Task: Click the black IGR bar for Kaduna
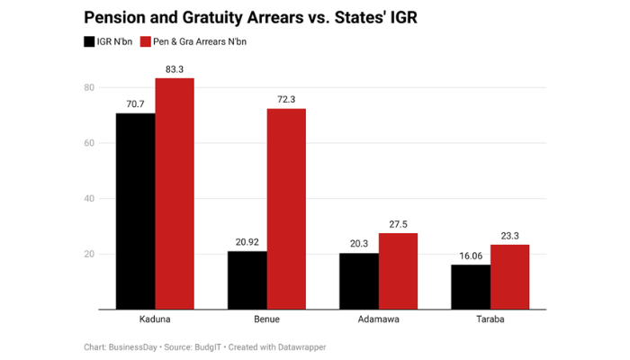[135, 211]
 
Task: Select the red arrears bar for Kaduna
[175, 193]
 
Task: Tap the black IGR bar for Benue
[247, 280]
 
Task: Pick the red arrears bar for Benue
[286, 209]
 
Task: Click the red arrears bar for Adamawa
[398, 271]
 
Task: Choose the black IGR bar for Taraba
[470, 287]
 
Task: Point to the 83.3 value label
[175, 69]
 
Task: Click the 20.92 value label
[247, 242]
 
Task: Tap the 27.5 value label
[398, 224]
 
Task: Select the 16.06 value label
[470, 256]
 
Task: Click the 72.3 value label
[286, 100]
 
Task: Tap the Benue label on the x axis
[266, 319]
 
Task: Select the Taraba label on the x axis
[490, 319]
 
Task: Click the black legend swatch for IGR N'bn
[89, 41]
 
